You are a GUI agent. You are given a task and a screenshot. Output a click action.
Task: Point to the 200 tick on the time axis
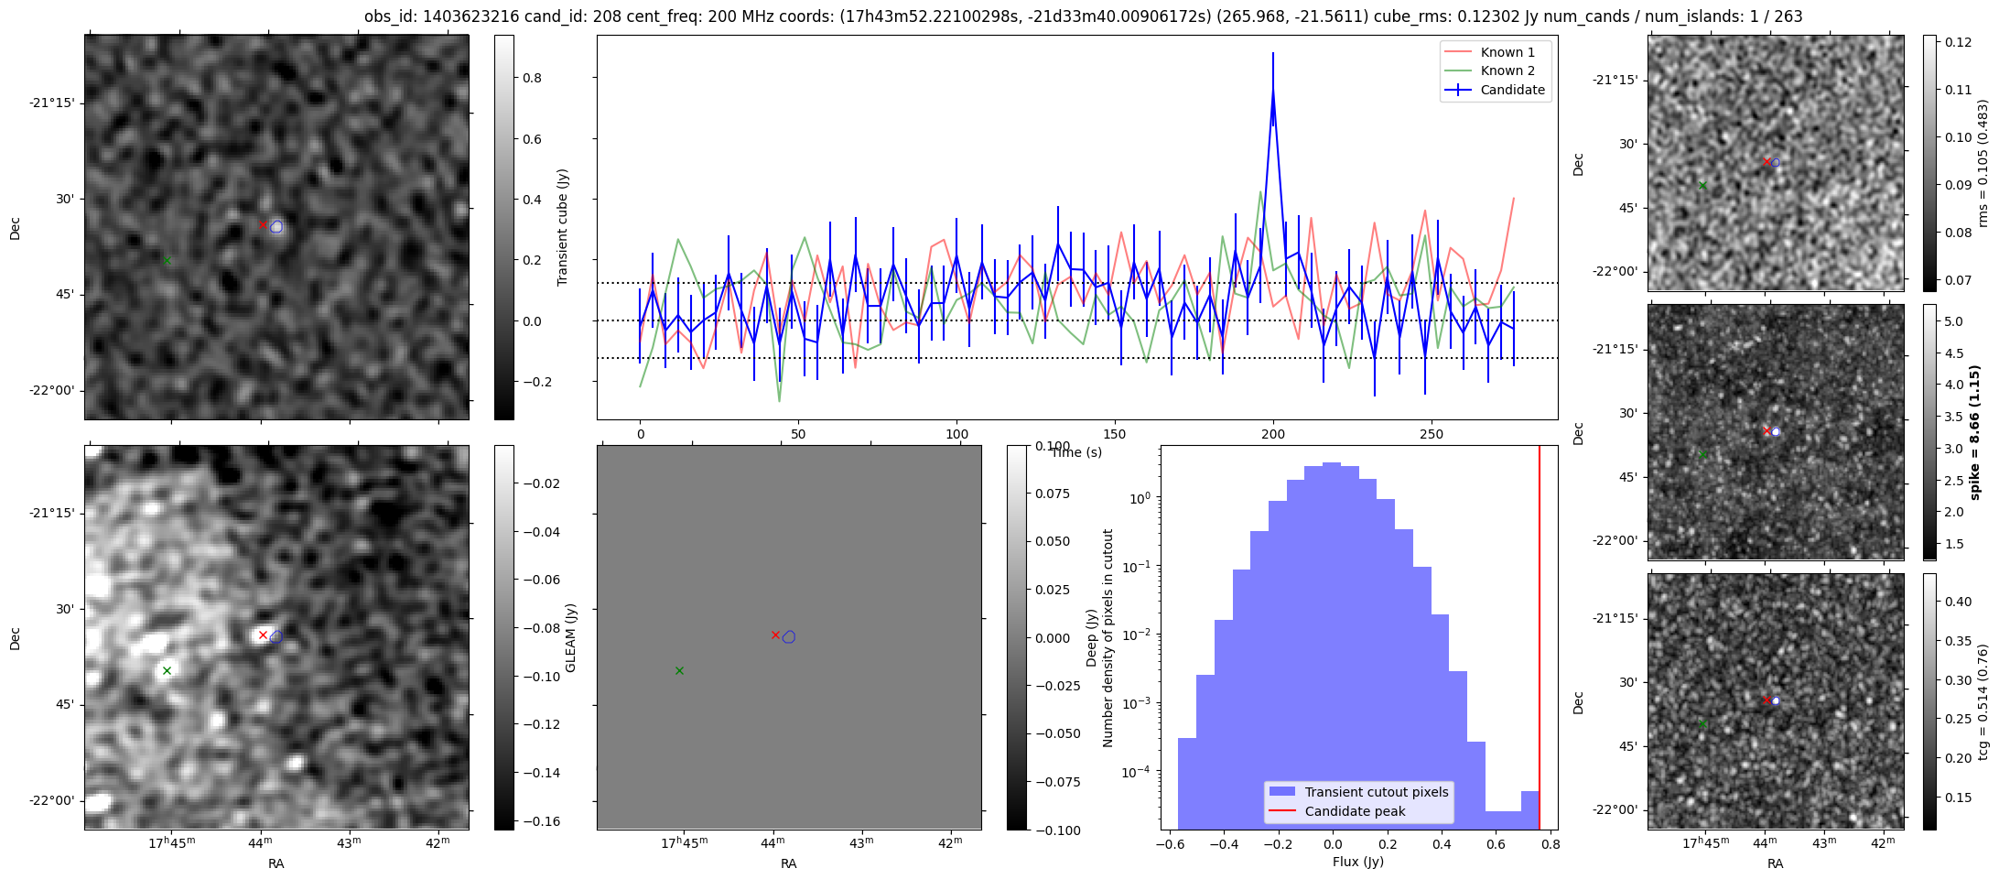coord(1272,434)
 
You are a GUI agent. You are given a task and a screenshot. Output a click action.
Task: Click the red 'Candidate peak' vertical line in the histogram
coord(1539,637)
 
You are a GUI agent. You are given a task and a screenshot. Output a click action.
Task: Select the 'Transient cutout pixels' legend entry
coord(1377,792)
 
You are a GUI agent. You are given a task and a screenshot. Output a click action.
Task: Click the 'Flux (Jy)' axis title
coord(1358,862)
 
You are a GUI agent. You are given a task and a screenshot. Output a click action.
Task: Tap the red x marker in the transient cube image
coord(263,224)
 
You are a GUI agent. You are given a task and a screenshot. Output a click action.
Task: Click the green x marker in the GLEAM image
coord(167,670)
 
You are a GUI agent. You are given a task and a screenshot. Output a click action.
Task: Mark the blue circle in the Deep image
coord(789,637)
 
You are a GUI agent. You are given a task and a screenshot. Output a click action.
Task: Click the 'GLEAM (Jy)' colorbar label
coord(571,637)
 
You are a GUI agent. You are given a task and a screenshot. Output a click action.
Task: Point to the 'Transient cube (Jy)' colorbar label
coord(562,227)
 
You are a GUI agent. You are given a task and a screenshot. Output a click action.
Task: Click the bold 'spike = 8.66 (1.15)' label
coord(1975,432)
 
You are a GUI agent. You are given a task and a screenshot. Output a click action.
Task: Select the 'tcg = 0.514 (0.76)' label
coord(1983,701)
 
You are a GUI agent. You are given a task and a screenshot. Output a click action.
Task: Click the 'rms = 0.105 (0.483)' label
coord(1983,164)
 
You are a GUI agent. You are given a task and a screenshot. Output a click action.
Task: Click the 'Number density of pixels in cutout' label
coord(1108,637)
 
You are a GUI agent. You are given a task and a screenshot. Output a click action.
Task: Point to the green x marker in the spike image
coord(1702,454)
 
